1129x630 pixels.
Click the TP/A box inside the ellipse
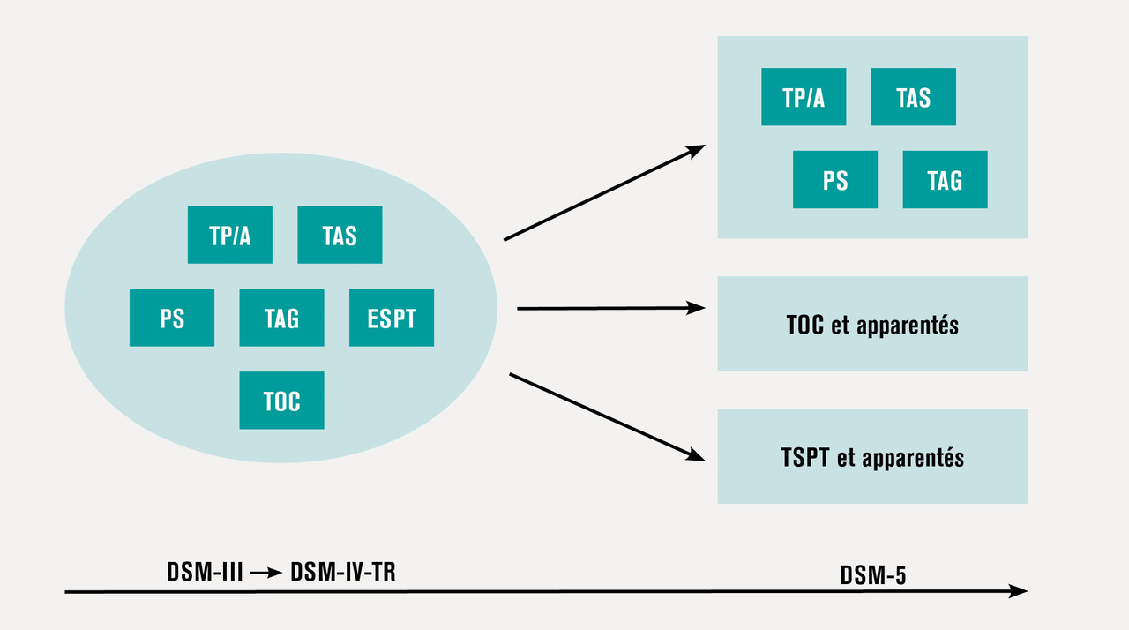coord(230,235)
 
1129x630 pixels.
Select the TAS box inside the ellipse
coord(340,235)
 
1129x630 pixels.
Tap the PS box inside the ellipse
coord(172,318)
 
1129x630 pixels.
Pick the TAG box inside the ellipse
coord(281,318)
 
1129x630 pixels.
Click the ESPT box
coord(392,318)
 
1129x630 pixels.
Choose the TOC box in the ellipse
coord(281,401)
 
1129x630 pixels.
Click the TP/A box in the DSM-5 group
coord(804,97)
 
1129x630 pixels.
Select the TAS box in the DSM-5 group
coord(913,97)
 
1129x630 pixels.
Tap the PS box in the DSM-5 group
coord(835,180)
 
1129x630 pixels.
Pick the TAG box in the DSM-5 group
coord(945,180)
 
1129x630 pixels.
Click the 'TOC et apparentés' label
coord(872,325)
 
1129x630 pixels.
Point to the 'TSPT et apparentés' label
coord(872,457)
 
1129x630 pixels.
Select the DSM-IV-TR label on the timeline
coord(343,572)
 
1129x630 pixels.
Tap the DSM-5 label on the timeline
coord(873,576)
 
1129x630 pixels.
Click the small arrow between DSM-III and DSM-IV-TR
coord(265,573)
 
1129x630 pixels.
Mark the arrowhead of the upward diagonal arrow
coord(697,149)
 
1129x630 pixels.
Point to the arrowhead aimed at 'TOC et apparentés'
coord(697,308)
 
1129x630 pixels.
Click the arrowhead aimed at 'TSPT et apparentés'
coord(696,454)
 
